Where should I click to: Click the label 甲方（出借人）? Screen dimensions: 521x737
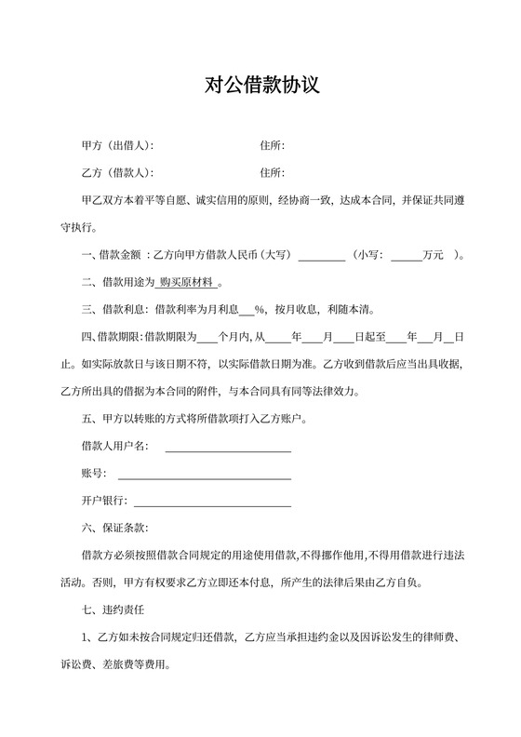pyautogui.click(x=117, y=145)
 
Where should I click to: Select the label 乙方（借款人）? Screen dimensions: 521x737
pyautogui.click(x=117, y=172)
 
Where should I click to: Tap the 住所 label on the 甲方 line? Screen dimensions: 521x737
pyautogui.click(x=272, y=145)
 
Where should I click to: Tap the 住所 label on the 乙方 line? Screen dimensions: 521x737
pyautogui.click(x=272, y=172)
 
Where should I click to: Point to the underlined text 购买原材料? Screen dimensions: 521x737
pyautogui.click(x=187, y=281)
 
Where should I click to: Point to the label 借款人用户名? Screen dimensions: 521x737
pyautogui.click(x=114, y=447)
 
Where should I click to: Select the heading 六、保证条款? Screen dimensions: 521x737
pyautogui.click(x=114, y=529)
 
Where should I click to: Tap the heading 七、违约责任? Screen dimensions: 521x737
pyautogui.click(x=114, y=610)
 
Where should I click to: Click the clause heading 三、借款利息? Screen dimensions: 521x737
pyautogui.click(x=114, y=309)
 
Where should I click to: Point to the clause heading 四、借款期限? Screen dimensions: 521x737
pyautogui.click(x=114, y=336)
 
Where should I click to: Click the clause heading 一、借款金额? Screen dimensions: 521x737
pyautogui.click(x=114, y=254)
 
